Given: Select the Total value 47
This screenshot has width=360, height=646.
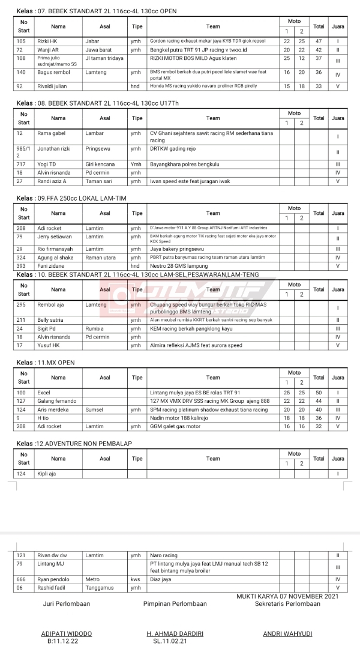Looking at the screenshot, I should point(319,41).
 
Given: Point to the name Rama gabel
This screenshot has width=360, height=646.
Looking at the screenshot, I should point(52,133).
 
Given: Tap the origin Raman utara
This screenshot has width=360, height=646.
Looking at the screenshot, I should point(101,257).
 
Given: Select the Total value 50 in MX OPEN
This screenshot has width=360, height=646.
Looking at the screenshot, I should point(319,392).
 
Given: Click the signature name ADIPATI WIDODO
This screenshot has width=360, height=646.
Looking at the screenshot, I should point(67,633).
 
